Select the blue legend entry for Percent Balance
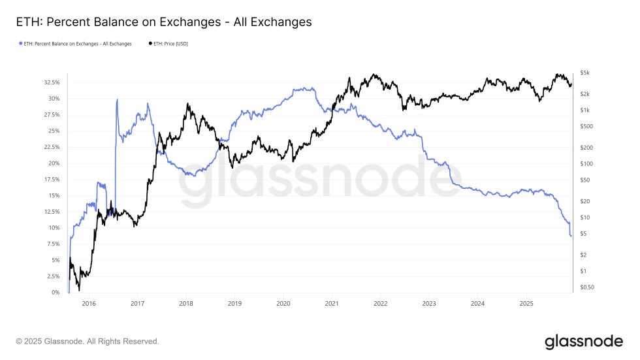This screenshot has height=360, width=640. (75, 44)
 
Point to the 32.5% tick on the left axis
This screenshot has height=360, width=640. (52, 83)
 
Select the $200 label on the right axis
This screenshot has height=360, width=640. (585, 148)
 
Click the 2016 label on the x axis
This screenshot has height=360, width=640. (89, 304)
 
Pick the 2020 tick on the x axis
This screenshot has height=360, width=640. (283, 304)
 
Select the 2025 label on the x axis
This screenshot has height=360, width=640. (526, 304)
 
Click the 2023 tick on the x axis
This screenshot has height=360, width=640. (429, 304)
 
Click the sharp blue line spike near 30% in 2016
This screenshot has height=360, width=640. (117, 100)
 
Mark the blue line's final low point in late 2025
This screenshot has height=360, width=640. (571, 236)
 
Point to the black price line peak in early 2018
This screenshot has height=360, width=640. (187, 104)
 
